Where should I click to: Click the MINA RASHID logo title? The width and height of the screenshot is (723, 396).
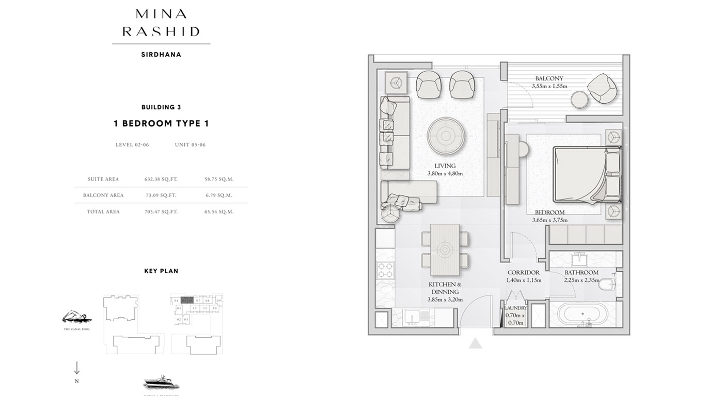[x=161, y=23]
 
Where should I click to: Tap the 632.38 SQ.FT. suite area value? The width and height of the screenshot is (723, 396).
[x=161, y=179]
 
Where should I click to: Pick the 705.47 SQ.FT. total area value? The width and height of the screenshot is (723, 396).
[x=161, y=212]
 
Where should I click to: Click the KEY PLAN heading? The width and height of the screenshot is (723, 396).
[x=161, y=271]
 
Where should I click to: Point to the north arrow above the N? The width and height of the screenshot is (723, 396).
[x=77, y=368]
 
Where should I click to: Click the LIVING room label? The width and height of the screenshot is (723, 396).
[x=445, y=166]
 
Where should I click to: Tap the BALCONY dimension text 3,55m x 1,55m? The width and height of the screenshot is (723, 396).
[x=549, y=86]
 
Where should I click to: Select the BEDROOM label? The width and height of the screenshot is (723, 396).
[x=549, y=212]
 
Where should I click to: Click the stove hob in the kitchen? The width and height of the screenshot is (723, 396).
[x=385, y=269]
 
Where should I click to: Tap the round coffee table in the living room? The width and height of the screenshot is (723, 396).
[x=445, y=136]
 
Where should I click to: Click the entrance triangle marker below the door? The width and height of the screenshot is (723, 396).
[x=475, y=343]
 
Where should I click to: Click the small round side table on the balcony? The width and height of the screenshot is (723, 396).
[x=580, y=100]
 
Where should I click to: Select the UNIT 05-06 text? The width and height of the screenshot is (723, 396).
[x=190, y=145]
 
